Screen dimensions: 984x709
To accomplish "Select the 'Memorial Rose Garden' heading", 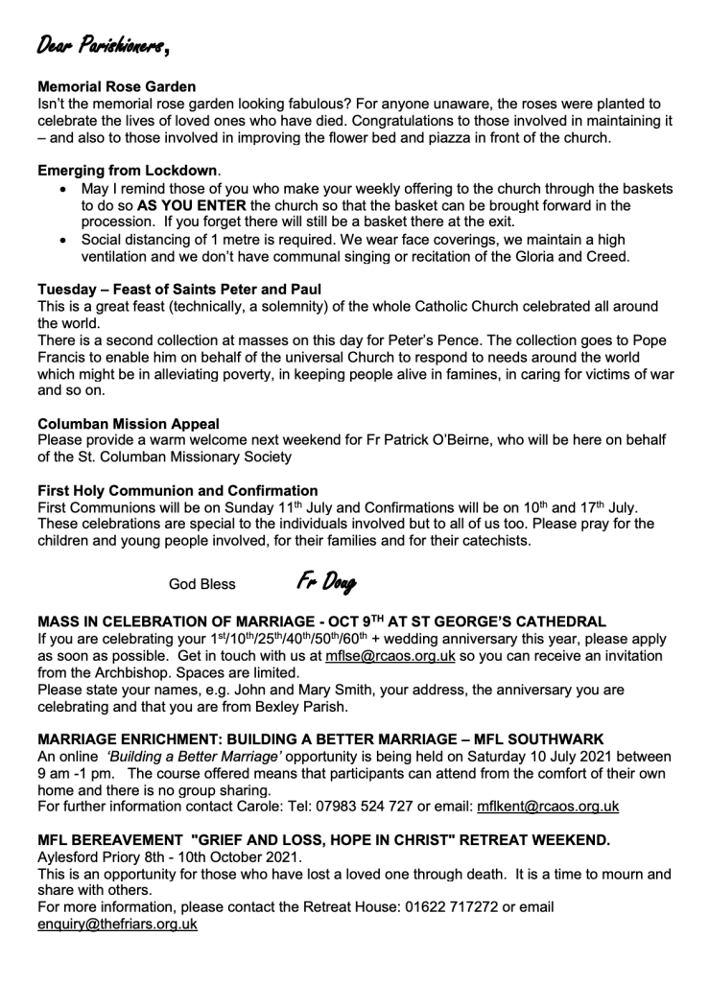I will pos(116,86).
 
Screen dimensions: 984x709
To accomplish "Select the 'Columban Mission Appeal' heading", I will pos(129,423).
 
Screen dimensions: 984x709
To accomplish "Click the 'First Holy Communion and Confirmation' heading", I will pos(177,490).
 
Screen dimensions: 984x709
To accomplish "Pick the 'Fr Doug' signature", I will pos(326,581).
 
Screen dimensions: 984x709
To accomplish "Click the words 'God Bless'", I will pos(201,583).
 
